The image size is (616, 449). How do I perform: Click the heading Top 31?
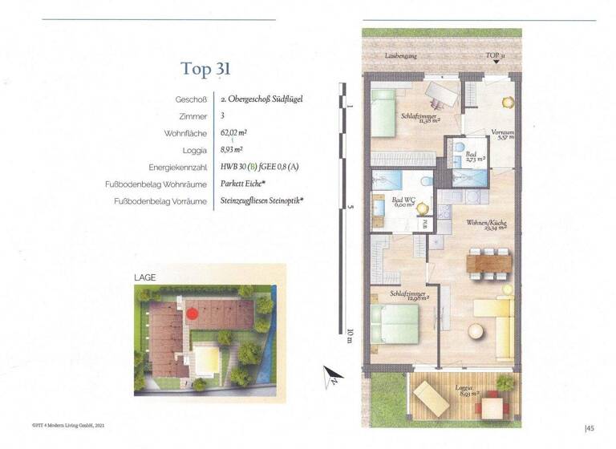pyautogui.click(x=206, y=68)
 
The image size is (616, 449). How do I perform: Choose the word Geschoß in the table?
pyautogui.click(x=192, y=99)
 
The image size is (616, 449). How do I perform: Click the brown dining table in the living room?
pyautogui.click(x=488, y=261)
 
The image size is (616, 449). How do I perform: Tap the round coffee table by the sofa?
pyautogui.click(x=477, y=330)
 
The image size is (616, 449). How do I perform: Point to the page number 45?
pyautogui.click(x=590, y=428)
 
